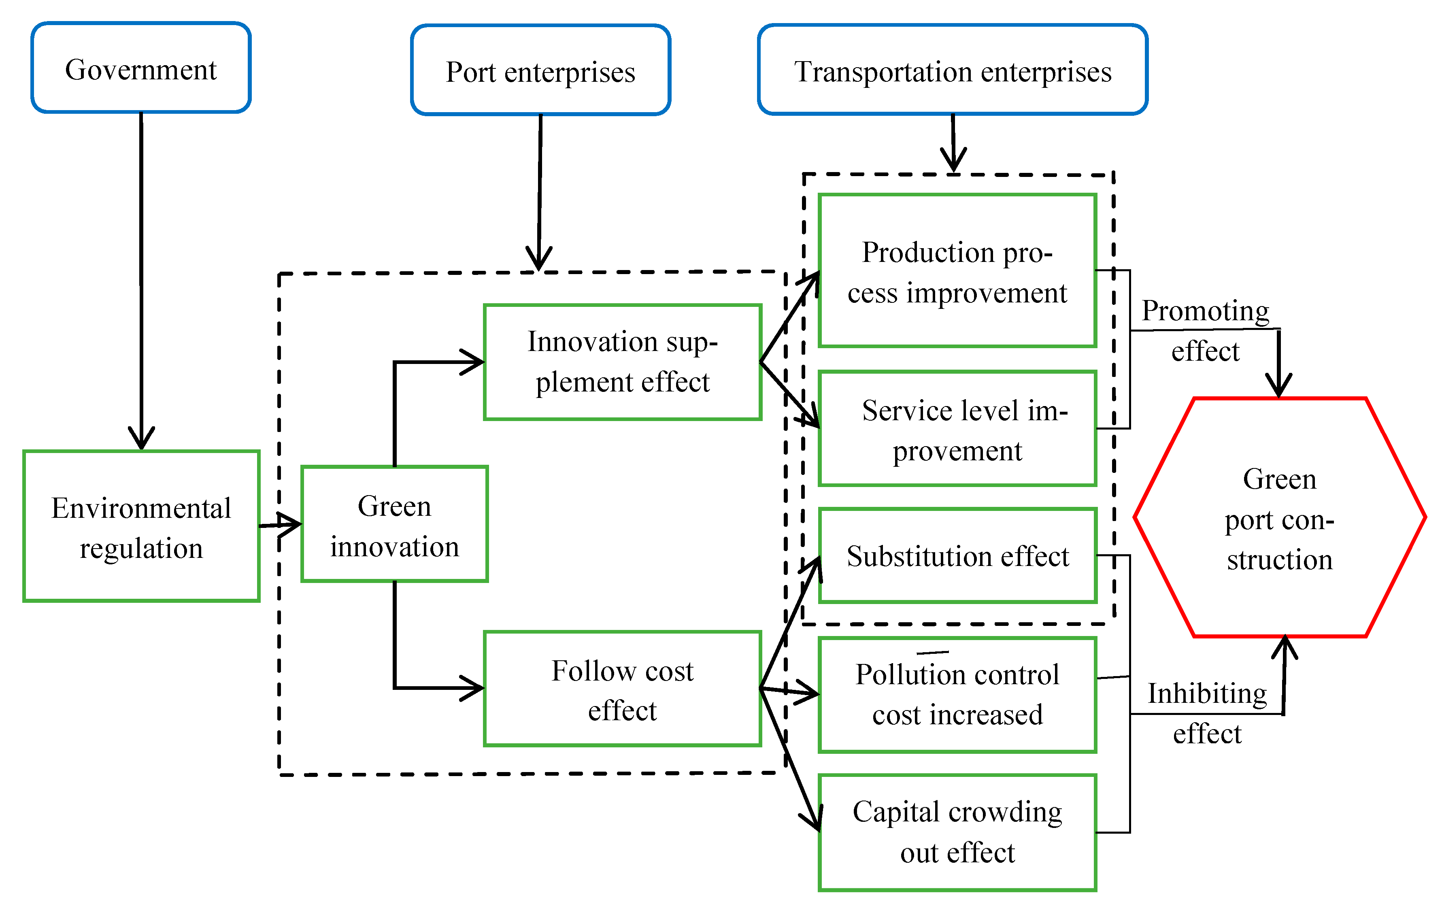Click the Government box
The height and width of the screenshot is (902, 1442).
pos(141,68)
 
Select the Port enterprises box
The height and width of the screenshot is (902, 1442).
pos(540,70)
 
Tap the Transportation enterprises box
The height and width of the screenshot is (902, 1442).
pos(953,70)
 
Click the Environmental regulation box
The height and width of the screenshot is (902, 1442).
pos(141,526)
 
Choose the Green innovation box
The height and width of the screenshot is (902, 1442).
pos(394,524)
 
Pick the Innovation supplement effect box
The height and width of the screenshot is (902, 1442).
pos(623,362)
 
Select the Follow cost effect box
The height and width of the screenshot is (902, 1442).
pos(623,689)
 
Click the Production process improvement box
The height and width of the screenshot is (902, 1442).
pos(957,271)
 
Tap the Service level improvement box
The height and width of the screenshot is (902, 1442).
pos(957,428)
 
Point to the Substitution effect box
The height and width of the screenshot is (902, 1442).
pos(957,555)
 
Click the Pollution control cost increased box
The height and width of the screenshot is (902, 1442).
pos(957,694)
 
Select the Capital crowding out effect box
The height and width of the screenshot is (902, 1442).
pos(957,832)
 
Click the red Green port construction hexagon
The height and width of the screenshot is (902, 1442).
pos(1279,518)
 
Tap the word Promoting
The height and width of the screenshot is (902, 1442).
pos(1205,311)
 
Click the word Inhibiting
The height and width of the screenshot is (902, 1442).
pos(1207,693)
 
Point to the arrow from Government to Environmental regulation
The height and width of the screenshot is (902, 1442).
pos(141,281)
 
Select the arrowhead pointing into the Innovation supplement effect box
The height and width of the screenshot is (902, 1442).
pos(474,362)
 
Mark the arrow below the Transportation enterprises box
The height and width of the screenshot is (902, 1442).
pos(953,143)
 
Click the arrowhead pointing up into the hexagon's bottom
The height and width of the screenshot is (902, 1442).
pos(1285,647)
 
